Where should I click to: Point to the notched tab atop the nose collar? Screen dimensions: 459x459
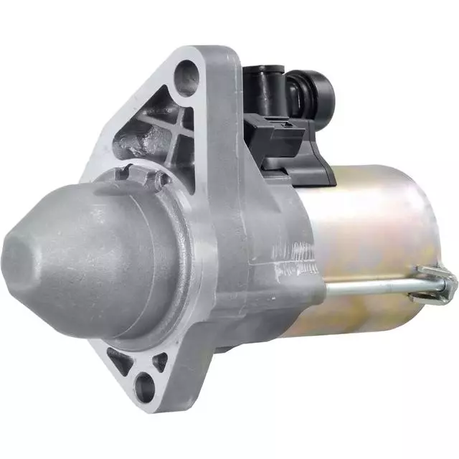pyautogui.click(x=129, y=171)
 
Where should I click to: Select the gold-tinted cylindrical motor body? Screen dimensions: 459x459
pyautogui.click(x=373, y=229)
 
